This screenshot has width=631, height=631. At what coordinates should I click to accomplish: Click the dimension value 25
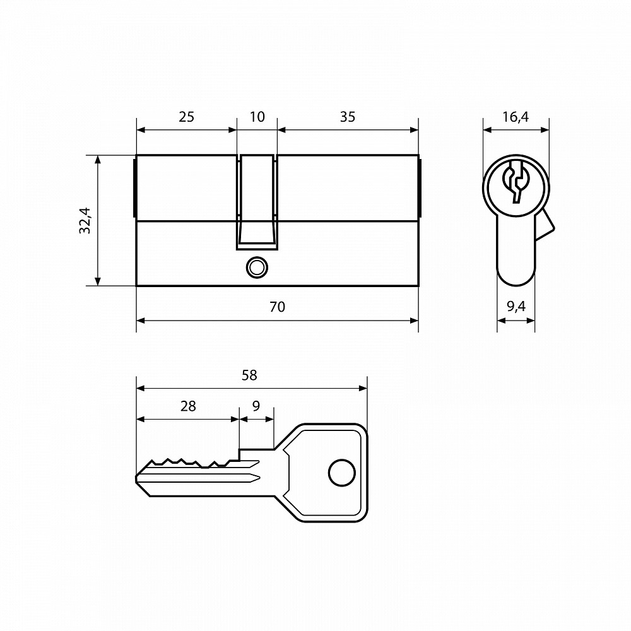(186, 117)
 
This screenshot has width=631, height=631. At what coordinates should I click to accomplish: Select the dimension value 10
(257, 117)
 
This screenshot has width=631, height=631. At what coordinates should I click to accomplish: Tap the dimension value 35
(348, 117)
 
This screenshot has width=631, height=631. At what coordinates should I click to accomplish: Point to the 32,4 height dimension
(85, 220)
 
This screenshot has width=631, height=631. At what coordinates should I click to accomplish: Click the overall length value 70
(277, 307)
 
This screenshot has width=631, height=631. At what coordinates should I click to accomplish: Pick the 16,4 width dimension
(516, 117)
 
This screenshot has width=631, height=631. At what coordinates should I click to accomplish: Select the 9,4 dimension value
(516, 307)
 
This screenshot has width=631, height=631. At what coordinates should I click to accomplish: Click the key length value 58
(249, 375)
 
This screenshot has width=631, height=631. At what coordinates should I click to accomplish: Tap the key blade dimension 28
(188, 406)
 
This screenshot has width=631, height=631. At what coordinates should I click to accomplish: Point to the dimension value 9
(256, 406)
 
